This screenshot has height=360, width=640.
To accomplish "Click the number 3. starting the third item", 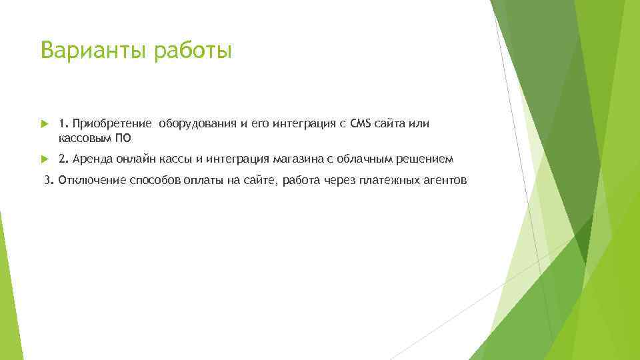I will tap(49, 181).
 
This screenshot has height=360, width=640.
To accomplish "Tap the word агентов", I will tap(445, 181).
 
